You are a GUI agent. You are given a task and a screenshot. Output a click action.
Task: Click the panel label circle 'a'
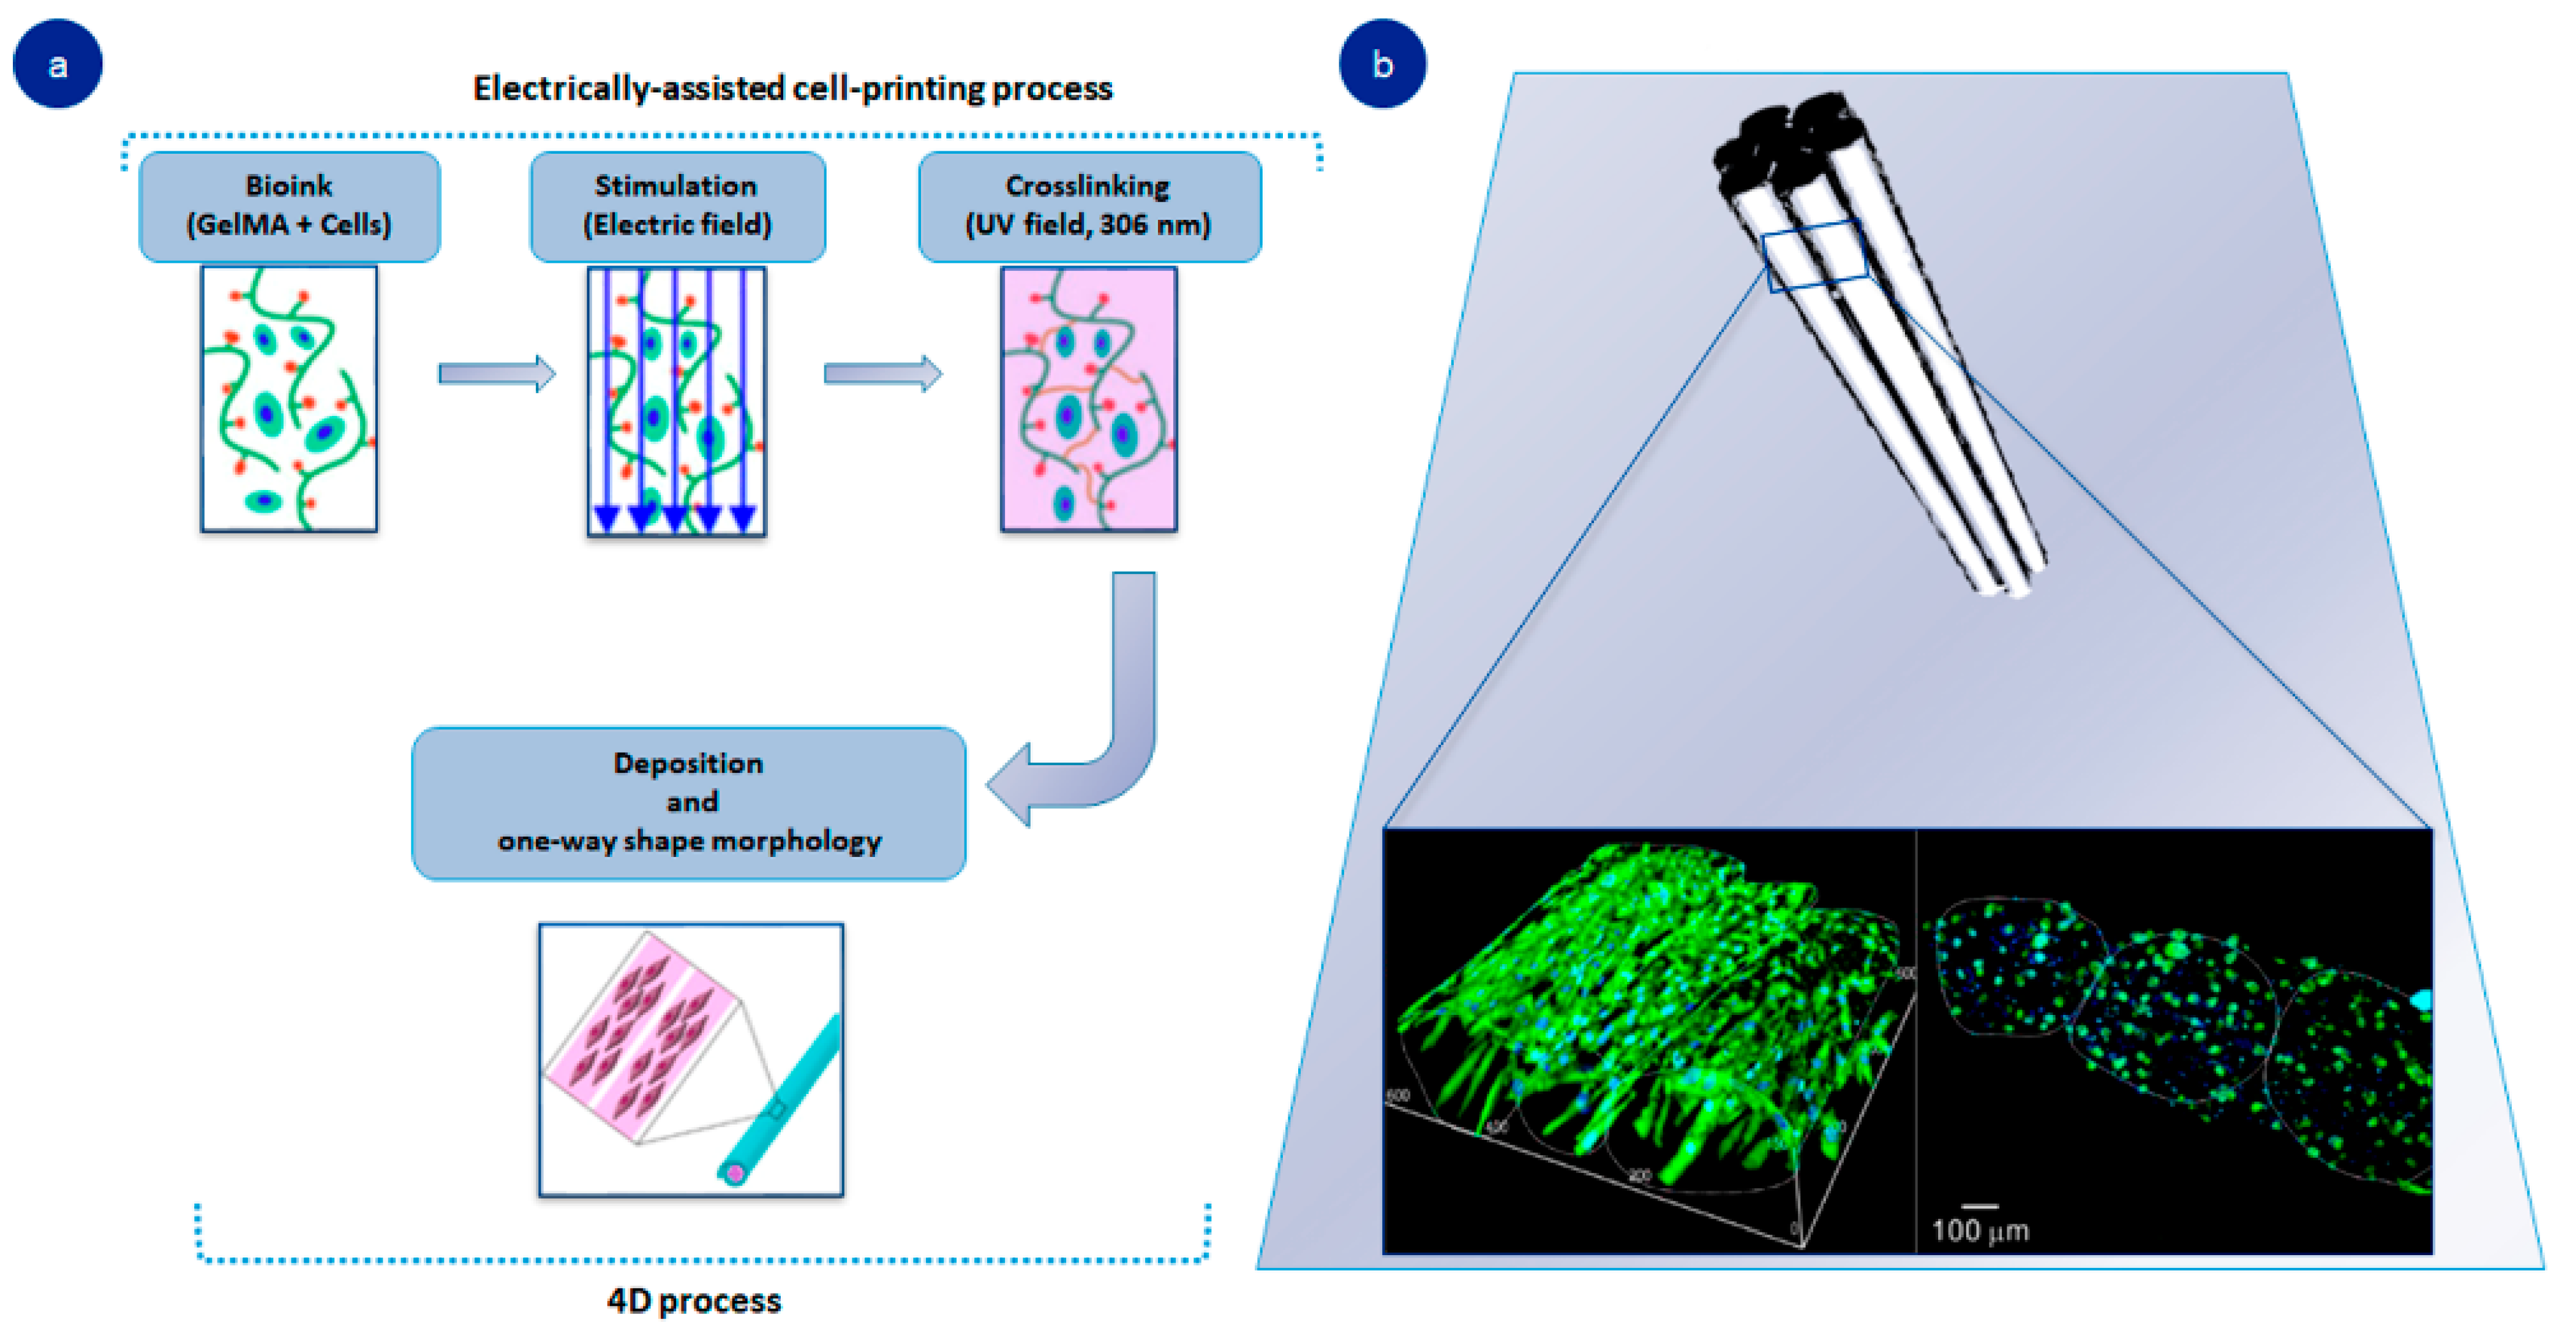pyautogui.click(x=58, y=64)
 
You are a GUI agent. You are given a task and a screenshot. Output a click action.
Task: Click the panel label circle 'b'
pyautogui.click(x=1382, y=64)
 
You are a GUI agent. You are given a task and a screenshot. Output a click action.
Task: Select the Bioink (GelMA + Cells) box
pyautogui.click(x=289, y=205)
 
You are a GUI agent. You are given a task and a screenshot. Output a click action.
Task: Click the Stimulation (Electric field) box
pyautogui.click(x=677, y=205)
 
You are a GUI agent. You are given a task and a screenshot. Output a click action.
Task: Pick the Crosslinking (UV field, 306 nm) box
pyautogui.click(x=1089, y=205)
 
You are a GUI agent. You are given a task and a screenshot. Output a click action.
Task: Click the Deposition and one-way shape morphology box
pyautogui.click(x=689, y=802)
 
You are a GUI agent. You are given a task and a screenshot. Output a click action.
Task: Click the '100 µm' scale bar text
pyautogui.click(x=1980, y=1231)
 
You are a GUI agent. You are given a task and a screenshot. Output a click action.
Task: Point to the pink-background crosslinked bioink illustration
pyautogui.click(x=1089, y=399)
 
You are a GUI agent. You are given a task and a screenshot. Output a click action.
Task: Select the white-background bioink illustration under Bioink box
pyautogui.click(x=289, y=399)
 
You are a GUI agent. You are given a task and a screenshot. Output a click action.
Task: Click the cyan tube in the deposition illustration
pyautogui.click(x=784, y=1102)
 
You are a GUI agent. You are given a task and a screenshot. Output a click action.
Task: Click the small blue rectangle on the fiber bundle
pyautogui.click(x=1815, y=256)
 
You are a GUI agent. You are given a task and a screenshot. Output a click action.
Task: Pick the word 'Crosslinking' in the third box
pyautogui.click(x=1088, y=186)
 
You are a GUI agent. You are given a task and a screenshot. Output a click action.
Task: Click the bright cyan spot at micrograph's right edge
pyautogui.click(x=2422, y=1000)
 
